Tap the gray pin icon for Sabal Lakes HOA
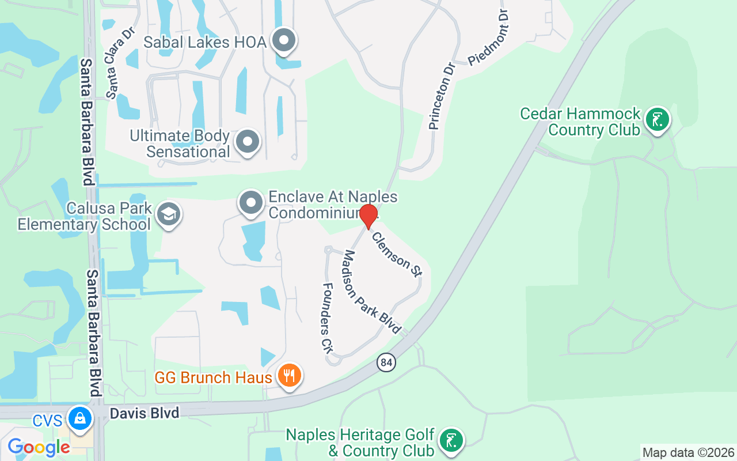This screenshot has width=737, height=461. click(284, 41)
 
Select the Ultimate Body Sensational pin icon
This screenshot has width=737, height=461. click(248, 141)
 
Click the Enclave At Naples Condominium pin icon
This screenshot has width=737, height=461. click(251, 203)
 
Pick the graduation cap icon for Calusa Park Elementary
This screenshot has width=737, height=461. click(169, 214)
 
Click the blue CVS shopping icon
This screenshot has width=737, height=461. click(79, 419)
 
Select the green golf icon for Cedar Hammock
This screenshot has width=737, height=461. click(657, 120)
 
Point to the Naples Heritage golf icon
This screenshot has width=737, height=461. click(451, 441)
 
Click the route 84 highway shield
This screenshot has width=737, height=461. click(387, 362)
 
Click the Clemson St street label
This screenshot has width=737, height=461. click(397, 254)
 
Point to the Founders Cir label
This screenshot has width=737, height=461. click(328, 317)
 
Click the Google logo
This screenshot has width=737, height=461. click(39, 447)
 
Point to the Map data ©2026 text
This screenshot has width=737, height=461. click(688, 452)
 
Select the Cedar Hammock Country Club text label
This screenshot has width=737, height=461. click(580, 121)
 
